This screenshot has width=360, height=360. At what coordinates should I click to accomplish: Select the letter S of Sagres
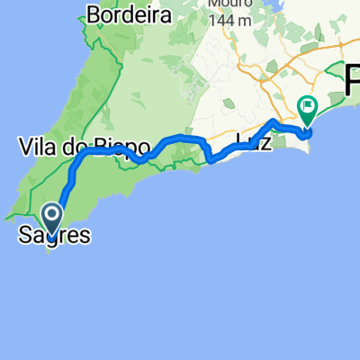[24, 237]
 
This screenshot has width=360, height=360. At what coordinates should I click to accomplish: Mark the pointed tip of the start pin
[50, 231]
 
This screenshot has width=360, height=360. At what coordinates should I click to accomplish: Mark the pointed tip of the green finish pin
[308, 125]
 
